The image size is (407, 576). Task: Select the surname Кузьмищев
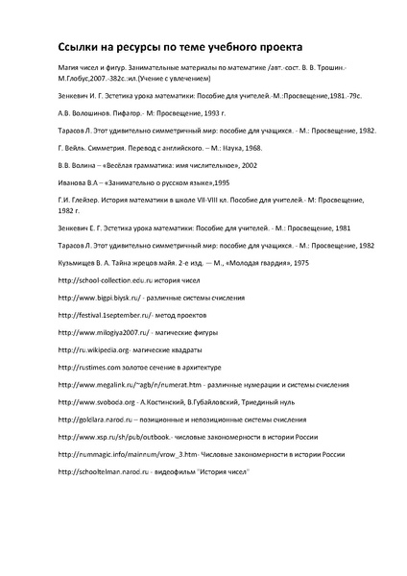[81, 261]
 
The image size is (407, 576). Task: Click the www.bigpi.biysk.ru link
[102, 300]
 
